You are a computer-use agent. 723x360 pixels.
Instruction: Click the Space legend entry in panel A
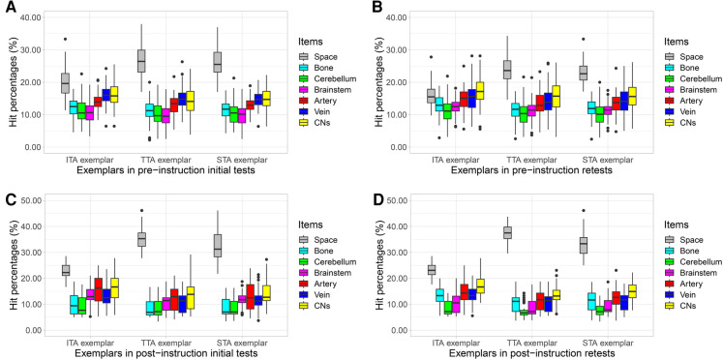(316, 57)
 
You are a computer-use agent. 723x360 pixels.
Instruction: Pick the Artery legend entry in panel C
(317, 284)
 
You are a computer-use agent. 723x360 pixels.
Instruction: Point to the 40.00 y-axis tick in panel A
(31, 17)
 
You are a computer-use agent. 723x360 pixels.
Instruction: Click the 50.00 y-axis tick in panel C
(31, 200)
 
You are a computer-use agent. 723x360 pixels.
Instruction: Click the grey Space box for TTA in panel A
(141, 60)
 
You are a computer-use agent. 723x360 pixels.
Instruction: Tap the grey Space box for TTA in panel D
(507, 232)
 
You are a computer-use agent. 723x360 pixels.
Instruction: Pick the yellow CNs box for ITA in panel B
(479, 90)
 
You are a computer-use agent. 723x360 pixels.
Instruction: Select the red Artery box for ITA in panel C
(98, 289)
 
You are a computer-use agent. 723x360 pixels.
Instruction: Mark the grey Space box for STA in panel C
(218, 246)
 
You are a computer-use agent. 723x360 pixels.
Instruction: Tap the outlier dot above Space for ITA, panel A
(66, 39)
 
